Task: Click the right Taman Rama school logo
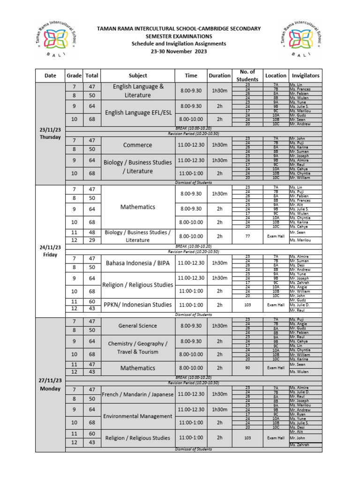pos(300,41)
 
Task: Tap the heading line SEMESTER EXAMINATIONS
pos(179,36)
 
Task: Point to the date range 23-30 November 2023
pos(179,51)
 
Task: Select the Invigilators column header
pos(305,75)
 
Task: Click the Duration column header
pos(219,75)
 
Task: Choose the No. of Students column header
pos(247,75)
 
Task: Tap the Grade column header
pos(74,75)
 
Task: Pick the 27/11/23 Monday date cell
pos(50,384)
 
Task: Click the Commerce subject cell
pos(138,145)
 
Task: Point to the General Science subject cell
pos(138,326)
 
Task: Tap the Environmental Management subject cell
pos(138,416)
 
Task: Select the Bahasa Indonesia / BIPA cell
pos(138,263)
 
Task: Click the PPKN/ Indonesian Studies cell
pos(138,305)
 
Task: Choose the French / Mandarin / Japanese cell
pos(138,394)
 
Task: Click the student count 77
pos(247,236)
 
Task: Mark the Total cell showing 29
pos(91,240)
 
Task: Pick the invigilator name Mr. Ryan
pos(297,414)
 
